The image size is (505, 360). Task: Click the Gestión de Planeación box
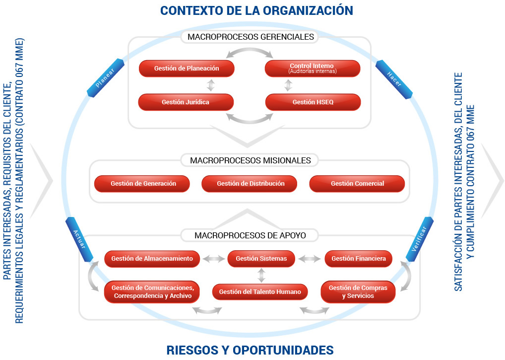tap(186, 69)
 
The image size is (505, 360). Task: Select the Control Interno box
tap(312, 69)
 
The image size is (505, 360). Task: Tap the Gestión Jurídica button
tap(186, 102)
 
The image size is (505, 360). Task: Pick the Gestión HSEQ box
tap(313, 102)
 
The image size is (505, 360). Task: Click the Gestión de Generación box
tap(143, 184)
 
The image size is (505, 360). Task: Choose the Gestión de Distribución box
tap(251, 184)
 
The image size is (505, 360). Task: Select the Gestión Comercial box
tap(357, 184)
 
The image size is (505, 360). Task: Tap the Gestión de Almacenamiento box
tap(152, 259)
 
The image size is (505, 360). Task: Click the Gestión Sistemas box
tap(261, 259)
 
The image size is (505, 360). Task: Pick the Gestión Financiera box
tap(358, 259)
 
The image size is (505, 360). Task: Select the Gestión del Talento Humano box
tap(260, 292)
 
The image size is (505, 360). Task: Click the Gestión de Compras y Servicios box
tap(358, 292)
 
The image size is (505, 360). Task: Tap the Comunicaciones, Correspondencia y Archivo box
tap(152, 292)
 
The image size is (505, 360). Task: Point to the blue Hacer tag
tap(394, 78)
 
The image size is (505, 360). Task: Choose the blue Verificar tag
tap(419, 238)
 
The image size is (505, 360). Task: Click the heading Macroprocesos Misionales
tap(250, 160)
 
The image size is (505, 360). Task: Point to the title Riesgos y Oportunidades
tap(250, 350)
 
